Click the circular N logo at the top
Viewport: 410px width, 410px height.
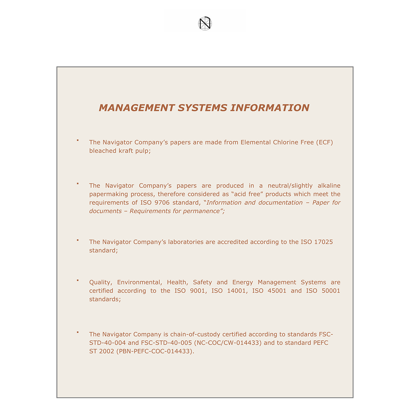[205, 24]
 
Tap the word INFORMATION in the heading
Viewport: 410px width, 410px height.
[270, 108]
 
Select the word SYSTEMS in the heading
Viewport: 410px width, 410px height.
[202, 108]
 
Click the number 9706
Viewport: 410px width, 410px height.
[162, 203]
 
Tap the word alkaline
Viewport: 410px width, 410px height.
[329, 186]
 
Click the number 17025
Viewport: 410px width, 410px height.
[323, 242]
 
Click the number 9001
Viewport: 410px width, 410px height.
[198, 291]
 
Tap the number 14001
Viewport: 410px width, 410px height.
[236, 291]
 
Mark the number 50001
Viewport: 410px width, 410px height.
[331, 291]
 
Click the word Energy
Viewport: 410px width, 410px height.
[243, 282]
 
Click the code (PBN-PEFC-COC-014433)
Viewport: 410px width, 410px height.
[155, 351]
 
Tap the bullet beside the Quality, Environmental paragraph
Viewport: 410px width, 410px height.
[78, 281]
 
